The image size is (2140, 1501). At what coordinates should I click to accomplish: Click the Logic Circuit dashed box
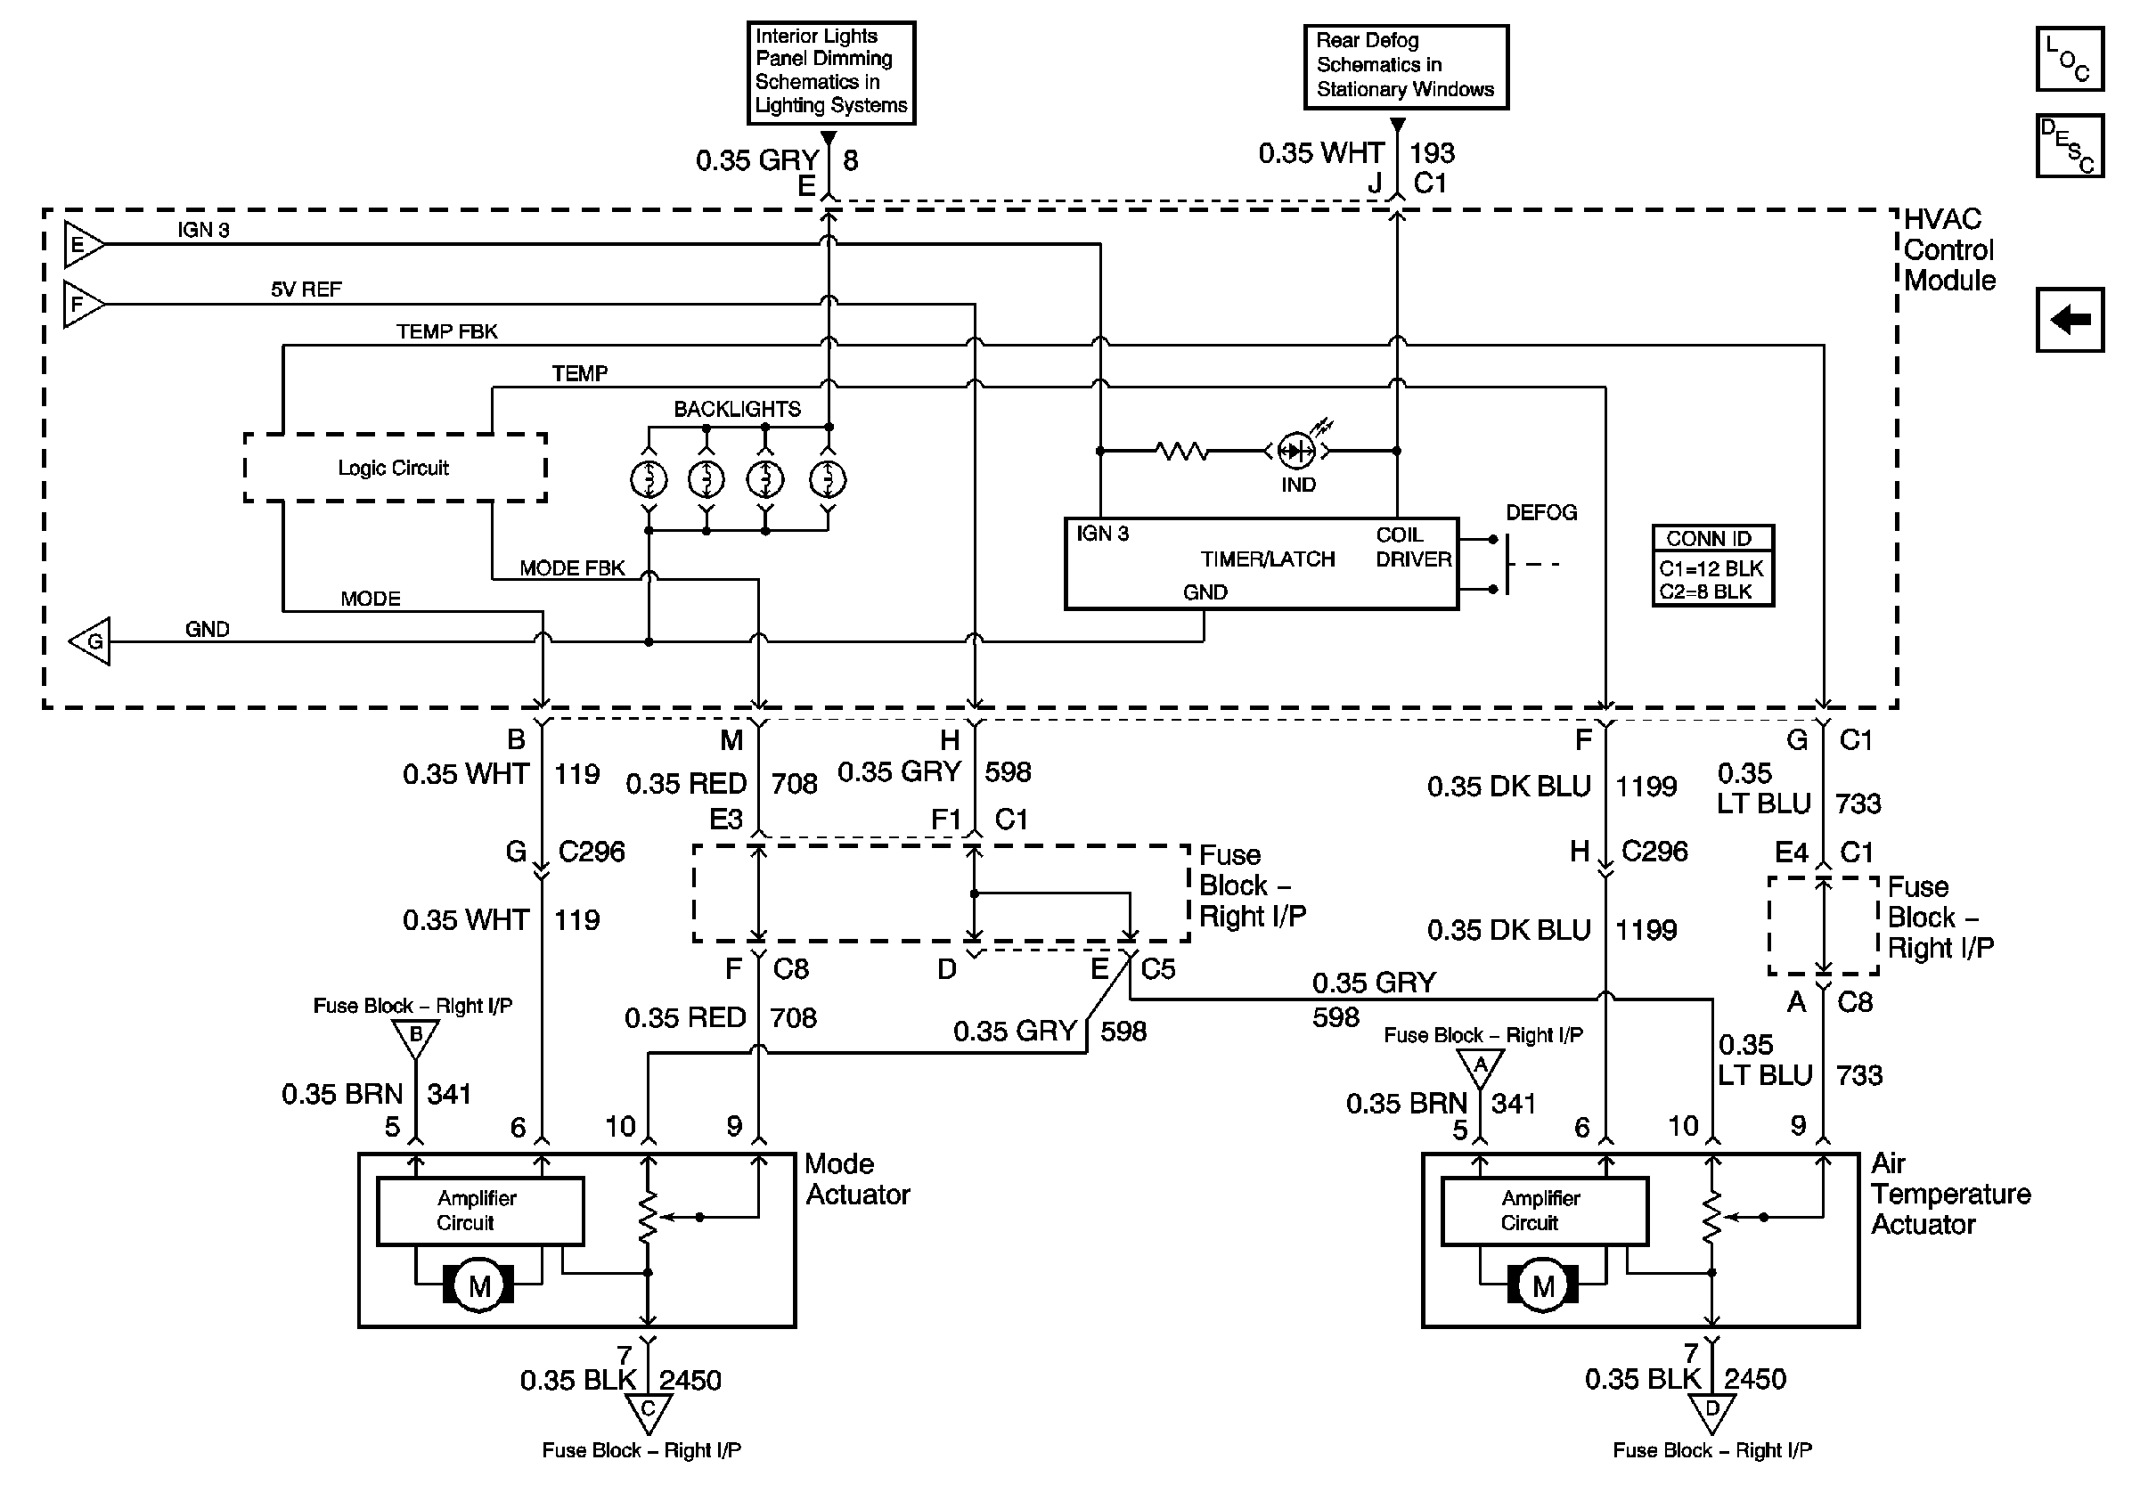396,468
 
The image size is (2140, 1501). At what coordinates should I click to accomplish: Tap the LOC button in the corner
2071,59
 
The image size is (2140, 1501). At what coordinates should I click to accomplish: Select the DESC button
2071,145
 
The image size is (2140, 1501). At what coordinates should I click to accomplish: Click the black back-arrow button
2071,320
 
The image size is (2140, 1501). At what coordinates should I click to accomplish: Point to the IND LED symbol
1296,451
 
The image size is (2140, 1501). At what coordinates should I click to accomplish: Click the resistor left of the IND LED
1182,451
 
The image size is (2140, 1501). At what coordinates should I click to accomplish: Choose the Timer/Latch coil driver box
1261,564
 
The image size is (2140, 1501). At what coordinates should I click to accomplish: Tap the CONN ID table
1713,566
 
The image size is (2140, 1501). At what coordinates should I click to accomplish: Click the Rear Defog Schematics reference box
1406,66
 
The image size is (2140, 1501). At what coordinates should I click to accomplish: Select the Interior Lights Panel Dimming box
831,73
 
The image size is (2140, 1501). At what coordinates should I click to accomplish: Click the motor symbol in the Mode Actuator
479,1285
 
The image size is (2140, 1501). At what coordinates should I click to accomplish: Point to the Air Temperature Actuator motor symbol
1542,1285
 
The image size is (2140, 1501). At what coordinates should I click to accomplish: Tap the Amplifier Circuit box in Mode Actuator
480,1211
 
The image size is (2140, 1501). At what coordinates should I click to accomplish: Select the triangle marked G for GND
89,641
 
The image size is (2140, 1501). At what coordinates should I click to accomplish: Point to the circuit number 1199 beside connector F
1646,787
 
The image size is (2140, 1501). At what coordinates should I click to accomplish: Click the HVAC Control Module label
1949,249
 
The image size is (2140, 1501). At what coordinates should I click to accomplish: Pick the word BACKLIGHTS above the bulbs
738,409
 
